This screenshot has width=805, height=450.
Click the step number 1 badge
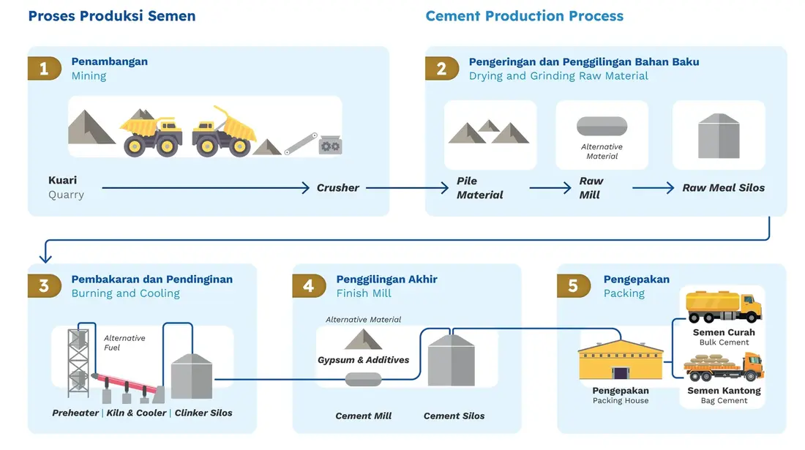(44, 68)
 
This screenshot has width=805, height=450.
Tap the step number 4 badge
(309, 286)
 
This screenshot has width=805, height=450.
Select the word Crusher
(338, 188)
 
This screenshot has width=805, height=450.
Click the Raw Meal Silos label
(723, 188)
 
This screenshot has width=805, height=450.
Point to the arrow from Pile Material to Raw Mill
(550, 188)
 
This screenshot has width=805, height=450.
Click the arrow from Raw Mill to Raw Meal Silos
(653, 188)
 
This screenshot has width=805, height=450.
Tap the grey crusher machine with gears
(330, 145)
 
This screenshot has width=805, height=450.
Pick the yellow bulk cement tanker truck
(724, 307)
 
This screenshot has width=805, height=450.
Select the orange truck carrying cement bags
(724, 367)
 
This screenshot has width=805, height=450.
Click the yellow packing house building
(621, 360)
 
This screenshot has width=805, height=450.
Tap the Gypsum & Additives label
(364, 360)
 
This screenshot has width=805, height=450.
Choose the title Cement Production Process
(524, 16)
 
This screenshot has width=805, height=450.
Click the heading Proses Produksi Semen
(112, 16)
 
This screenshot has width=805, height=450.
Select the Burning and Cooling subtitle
(126, 293)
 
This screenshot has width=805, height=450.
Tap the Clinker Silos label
(203, 413)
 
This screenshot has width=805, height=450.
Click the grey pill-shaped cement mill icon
(364, 380)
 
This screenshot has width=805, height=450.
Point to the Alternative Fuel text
(124, 342)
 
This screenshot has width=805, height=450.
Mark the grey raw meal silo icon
(719, 136)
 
